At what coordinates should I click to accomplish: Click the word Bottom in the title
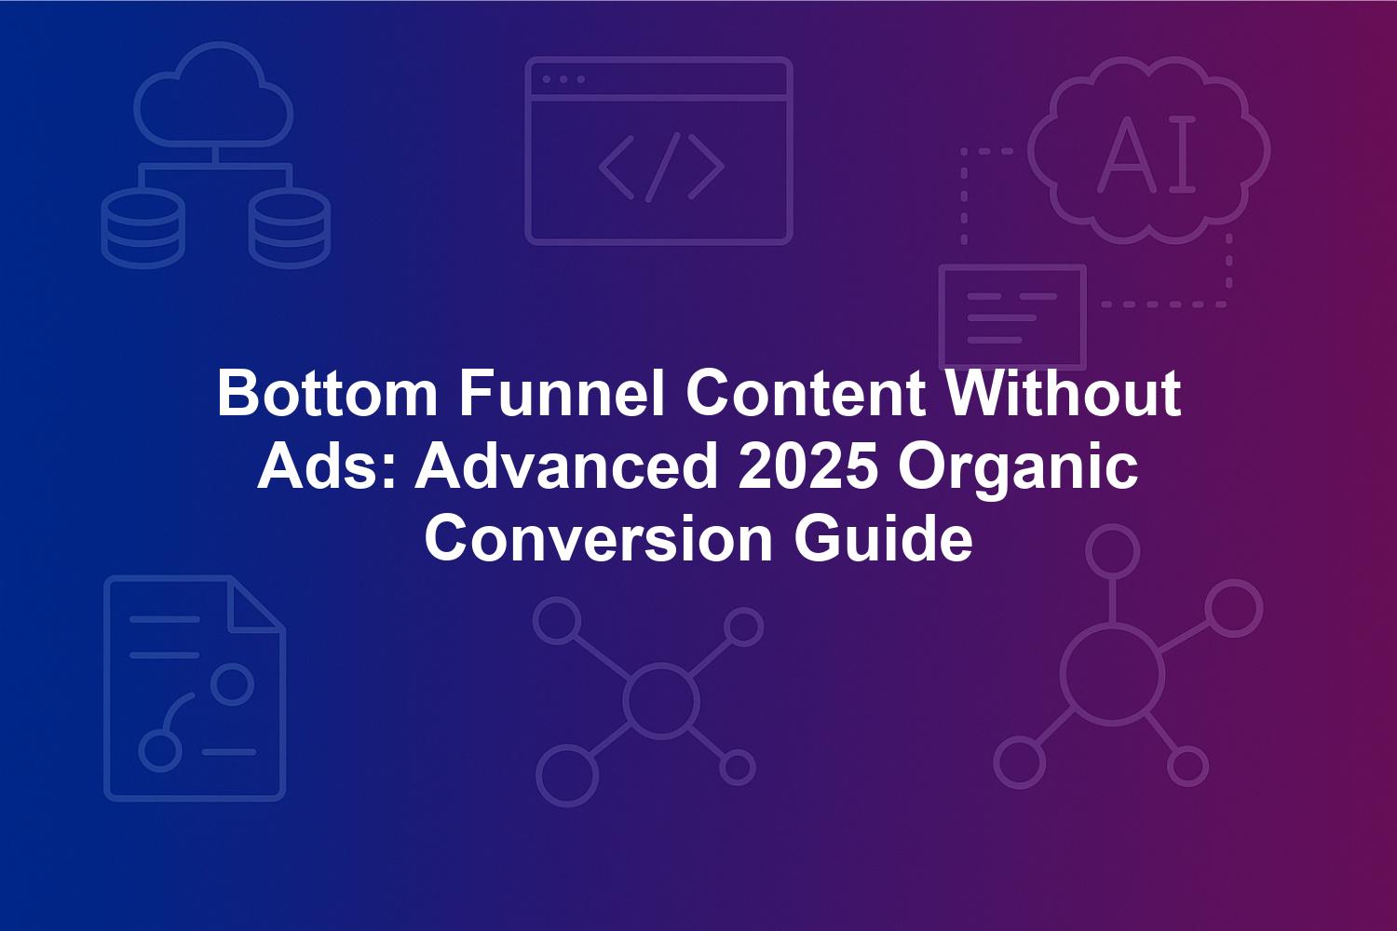pos(328,394)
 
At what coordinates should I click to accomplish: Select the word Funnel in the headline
pos(562,394)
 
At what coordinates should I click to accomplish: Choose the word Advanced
pos(566,467)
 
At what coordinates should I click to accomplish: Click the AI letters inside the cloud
pos(1146,154)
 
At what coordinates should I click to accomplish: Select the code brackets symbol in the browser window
pos(661,168)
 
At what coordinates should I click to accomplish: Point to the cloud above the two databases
pos(213,93)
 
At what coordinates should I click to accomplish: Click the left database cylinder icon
pos(142,227)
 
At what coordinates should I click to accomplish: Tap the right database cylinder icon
pos(290,227)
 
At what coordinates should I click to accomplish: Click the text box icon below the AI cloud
pos(1013,317)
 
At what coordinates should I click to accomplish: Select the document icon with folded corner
pos(196,688)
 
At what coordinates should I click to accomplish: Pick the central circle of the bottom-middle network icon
pos(660,700)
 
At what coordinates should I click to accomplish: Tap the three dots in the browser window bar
pos(563,79)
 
